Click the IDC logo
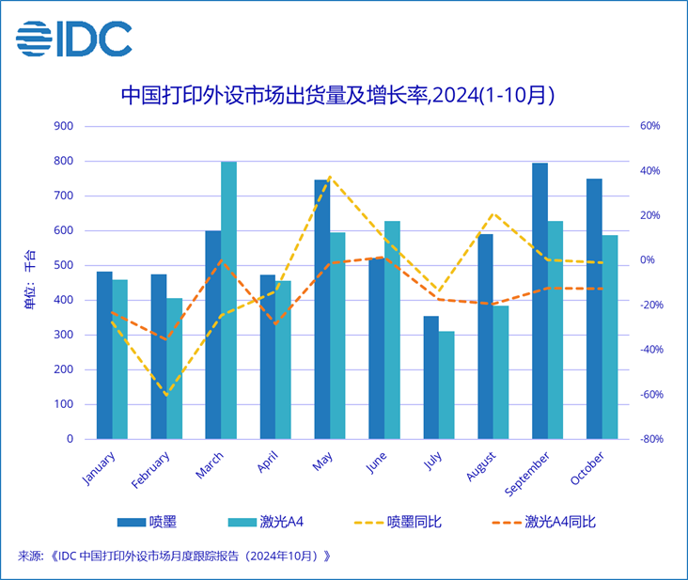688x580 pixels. click(x=73, y=39)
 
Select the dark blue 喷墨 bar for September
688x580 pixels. click(x=539, y=301)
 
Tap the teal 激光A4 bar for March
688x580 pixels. click(x=228, y=300)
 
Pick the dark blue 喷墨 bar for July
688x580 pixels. click(x=430, y=377)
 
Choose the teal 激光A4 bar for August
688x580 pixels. click(x=500, y=372)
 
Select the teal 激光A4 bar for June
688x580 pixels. click(x=392, y=330)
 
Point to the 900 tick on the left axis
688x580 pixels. click(x=64, y=126)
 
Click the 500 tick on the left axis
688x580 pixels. click(x=64, y=265)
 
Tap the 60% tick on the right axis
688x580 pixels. click(x=651, y=126)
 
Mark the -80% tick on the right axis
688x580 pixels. click(x=651, y=439)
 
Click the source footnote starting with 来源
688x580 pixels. click(x=174, y=556)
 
